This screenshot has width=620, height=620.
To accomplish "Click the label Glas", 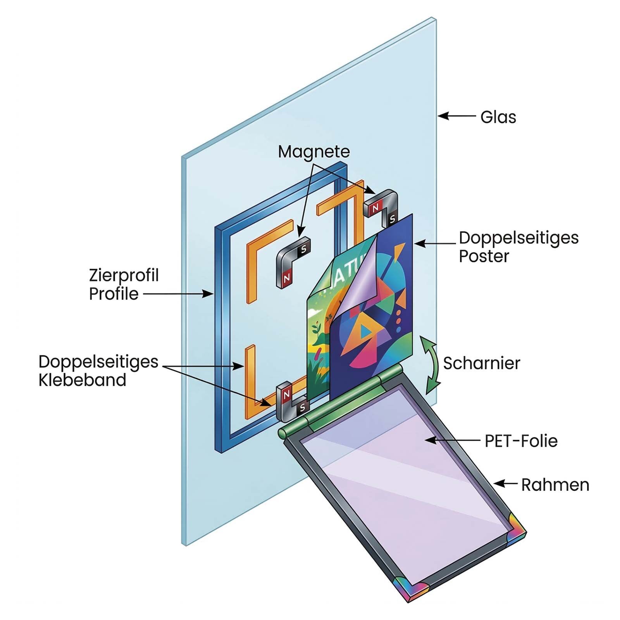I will [x=498, y=117].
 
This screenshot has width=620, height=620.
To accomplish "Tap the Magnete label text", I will [x=313, y=152].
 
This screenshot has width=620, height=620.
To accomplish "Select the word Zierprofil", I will [x=124, y=275].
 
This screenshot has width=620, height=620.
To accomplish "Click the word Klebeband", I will [x=82, y=380].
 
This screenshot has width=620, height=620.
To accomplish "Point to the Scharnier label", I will [x=481, y=363].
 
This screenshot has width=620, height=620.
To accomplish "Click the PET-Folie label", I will [x=521, y=441].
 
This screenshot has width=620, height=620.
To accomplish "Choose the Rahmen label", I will [x=555, y=485].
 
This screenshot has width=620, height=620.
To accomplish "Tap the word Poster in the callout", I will [x=484, y=256].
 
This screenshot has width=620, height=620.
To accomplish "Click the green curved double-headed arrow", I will [x=431, y=364].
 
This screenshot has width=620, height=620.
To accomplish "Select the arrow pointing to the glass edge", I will [x=456, y=116].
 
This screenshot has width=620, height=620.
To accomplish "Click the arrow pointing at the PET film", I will [x=451, y=440].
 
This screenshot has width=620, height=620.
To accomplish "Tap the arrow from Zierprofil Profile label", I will [x=178, y=294].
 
